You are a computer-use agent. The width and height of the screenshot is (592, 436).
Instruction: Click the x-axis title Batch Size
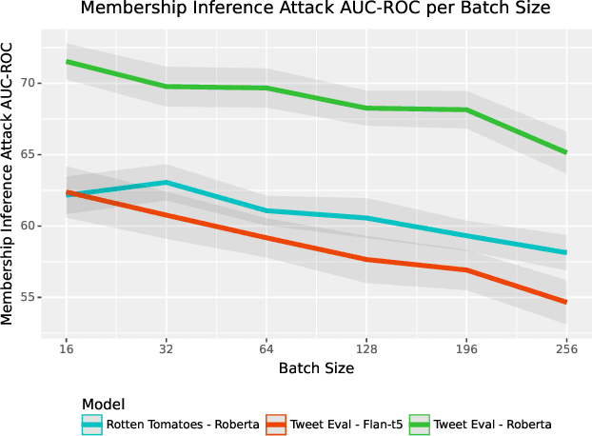click(316, 368)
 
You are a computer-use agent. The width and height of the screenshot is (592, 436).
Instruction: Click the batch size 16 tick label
click(67, 349)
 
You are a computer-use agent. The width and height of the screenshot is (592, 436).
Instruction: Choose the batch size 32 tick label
click(167, 349)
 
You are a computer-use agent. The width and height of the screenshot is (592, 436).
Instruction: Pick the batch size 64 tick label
click(266, 349)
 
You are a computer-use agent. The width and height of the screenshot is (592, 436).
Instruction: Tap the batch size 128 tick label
click(366, 349)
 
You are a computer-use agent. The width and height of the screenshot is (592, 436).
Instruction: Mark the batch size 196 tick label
click(466, 349)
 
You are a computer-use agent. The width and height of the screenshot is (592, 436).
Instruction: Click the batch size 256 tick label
click(566, 349)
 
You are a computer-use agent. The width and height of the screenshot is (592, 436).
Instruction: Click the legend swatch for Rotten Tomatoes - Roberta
click(92, 425)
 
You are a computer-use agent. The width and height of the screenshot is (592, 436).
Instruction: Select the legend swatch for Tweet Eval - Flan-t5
click(275, 425)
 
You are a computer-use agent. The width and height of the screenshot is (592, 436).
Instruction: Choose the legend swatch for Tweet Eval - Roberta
click(419, 425)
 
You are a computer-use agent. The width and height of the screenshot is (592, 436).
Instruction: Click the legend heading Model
click(103, 404)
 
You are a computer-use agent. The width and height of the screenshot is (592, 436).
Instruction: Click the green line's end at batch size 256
click(566, 152)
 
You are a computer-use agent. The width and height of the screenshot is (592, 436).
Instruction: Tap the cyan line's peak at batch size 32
click(167, 183)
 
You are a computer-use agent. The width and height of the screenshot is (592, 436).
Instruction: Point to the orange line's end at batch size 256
click(566, 303)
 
